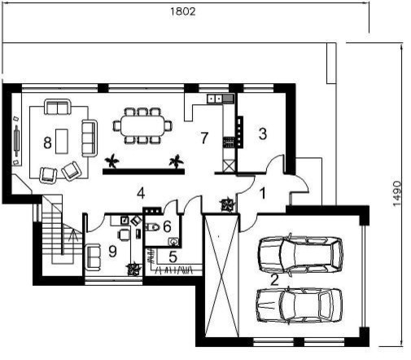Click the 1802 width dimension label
[182, 11]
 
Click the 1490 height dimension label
[396, 194]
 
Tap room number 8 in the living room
[47, 143]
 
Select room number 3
[263, 134]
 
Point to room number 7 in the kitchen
[204, 138]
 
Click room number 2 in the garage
[275, 280]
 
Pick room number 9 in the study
[112, 251]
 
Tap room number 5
[173, 257]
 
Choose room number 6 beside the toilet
[167, 226]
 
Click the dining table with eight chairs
[142, 125]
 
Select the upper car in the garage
[300, 255]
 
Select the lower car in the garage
[300, 305]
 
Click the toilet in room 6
[152, 226]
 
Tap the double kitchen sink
[215, 99]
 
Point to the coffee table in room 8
[62, 141]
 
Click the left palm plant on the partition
[111, 160]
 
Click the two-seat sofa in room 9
[93, 257]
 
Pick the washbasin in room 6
[173, 241]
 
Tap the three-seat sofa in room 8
[90, 138]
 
